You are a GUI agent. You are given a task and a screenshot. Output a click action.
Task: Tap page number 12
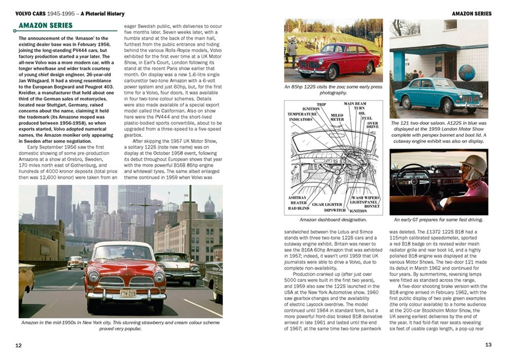(18, 345)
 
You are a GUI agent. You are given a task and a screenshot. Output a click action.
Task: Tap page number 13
(488, 345)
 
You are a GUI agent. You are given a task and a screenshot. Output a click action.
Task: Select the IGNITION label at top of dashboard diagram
(311, 109)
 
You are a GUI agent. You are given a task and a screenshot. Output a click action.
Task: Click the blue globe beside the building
(466, 73)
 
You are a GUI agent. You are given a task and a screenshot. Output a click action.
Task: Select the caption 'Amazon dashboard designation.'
(334, 220)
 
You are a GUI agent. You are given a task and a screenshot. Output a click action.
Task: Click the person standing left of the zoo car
(292, 51)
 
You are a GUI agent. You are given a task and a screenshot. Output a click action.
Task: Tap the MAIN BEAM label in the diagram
(354, 103)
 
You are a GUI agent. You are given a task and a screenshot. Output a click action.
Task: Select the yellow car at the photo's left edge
(25, 284)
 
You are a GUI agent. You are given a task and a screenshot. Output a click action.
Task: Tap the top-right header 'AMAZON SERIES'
(472, 14)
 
